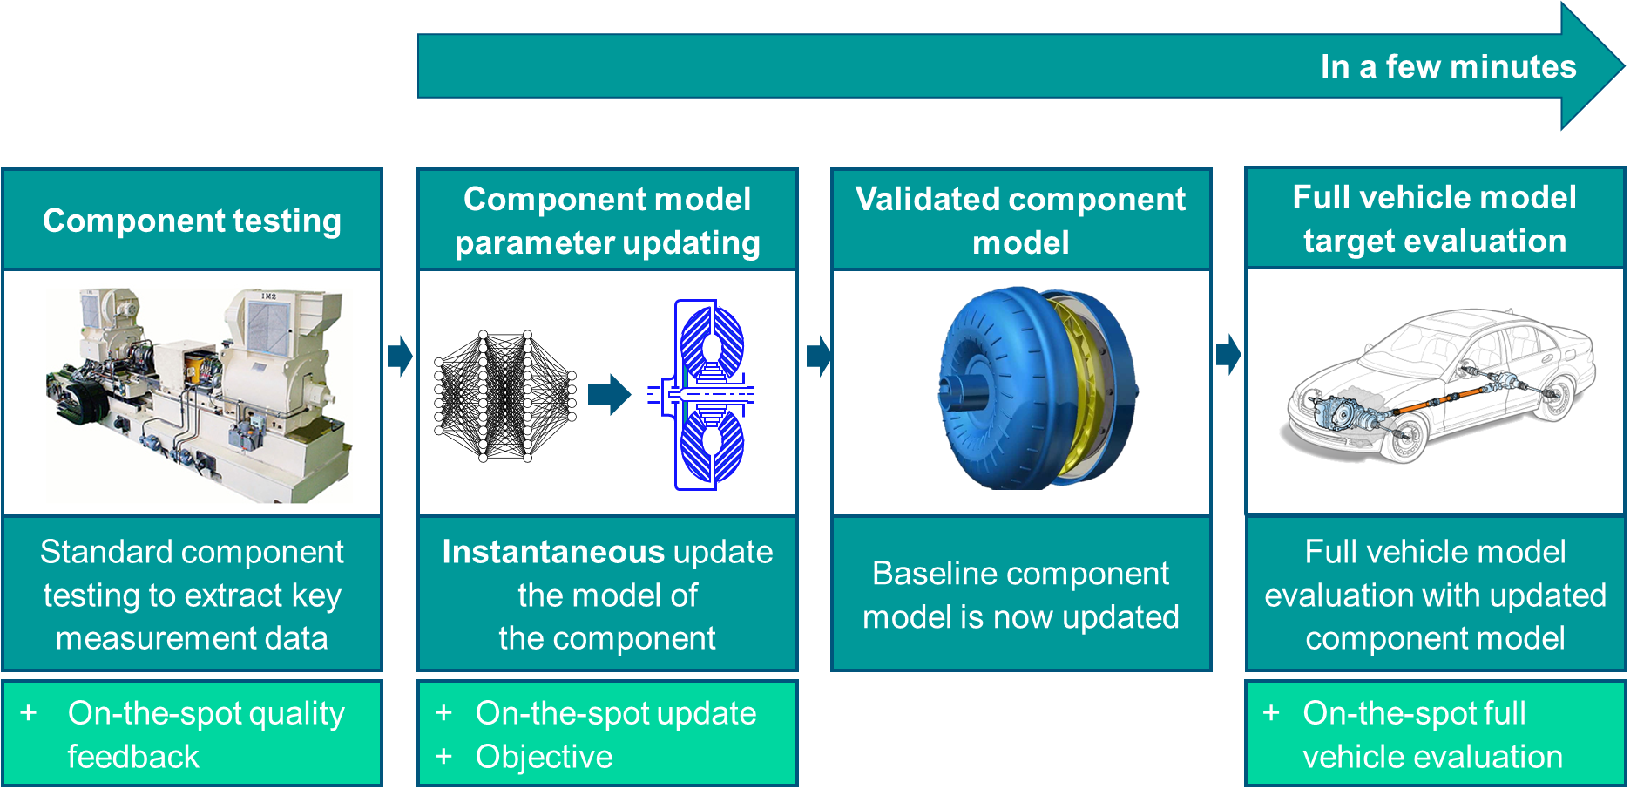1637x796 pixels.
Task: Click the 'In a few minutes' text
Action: click(1447, 67)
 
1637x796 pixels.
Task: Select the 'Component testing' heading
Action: click(192, 221)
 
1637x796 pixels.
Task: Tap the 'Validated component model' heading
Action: click(1020, 221)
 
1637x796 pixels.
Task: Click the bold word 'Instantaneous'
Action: click(553, 552)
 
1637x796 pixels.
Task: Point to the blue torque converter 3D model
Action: click(1002, 388)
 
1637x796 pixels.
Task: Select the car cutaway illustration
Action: click(1436, 384)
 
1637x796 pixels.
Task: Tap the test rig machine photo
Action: click(199, 395)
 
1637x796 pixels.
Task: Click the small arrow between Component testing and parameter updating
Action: click(400, 355)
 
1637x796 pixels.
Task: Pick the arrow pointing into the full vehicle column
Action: click(1228, 354)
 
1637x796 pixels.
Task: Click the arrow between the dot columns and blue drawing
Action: click(609, 394)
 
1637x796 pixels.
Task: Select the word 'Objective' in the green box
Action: click(544, 757)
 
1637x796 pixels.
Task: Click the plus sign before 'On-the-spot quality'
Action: click(29, 712)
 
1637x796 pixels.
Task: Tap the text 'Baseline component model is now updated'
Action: click(1020, 595)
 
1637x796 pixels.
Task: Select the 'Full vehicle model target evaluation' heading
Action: click(1434, 219)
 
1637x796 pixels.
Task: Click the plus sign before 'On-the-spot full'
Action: click(1271, 712)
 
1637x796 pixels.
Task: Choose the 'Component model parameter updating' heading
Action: click(607, 221)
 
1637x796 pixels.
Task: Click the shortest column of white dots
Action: click(572, 396)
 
